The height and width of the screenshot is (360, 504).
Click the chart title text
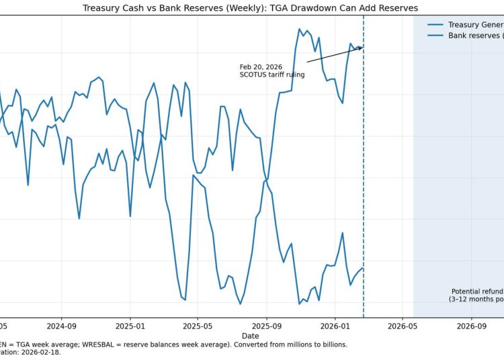point(250,8)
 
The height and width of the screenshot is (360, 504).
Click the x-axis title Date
point(250,335)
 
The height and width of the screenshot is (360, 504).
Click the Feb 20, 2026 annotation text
point(261,67)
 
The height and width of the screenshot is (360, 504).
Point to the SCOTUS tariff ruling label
point(271,75)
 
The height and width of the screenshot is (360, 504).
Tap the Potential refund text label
point(476,291)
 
